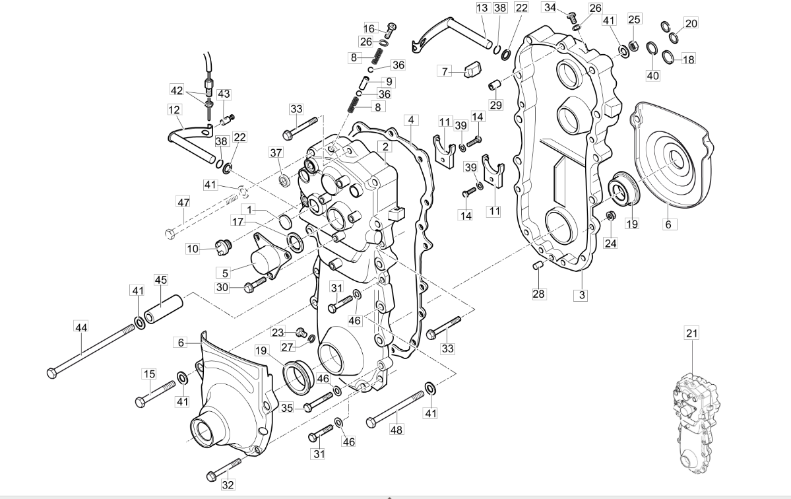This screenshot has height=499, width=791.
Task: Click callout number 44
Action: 81,327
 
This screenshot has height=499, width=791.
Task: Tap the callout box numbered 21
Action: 691,334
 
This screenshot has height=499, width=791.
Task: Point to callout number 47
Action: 183,201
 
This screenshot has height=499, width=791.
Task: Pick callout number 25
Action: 634,19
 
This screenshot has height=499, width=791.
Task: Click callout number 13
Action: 482,8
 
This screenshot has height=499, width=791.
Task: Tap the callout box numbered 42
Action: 177,90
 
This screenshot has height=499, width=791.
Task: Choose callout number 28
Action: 539,294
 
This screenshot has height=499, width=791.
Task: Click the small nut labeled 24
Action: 610,216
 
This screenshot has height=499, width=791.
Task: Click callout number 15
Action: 150,374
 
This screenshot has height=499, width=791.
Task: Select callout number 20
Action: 691,24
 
